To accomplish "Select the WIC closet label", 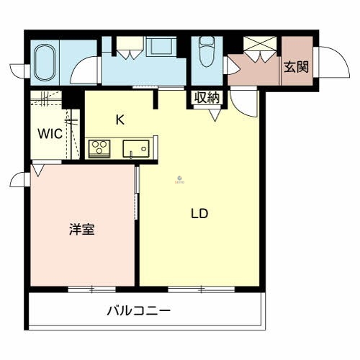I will (50, 134).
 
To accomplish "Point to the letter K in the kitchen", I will (120, 120).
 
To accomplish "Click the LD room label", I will (199, 214).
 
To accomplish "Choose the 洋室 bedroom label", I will (83, 230).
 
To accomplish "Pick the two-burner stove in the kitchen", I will (99, 149).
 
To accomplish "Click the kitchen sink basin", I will (134, 149).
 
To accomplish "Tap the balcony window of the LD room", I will (200, 289).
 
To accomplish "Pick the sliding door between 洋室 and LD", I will (137, 194).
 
